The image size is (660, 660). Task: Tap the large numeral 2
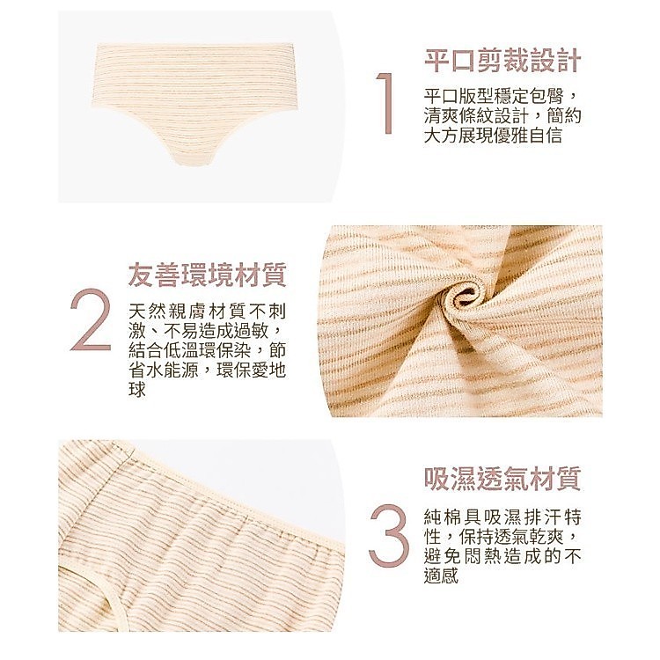click(x=91, y=319)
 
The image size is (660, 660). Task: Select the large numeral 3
click(x=389, y=534)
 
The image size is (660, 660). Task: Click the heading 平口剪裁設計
click(x=502, y=61)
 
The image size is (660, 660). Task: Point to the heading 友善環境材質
click(x=207, y=275)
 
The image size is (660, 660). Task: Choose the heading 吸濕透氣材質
click(x=502, y=479)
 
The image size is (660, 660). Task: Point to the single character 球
click(x=137, y=390)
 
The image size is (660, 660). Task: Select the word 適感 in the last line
click(x=441, y=576)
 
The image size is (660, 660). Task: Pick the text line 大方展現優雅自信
click(x=493, y=136)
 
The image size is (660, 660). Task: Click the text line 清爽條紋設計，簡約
click(x=502, y=116)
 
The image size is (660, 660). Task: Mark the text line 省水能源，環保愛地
click(x=207, y=370)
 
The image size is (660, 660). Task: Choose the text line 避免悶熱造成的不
click(x=502, y=556)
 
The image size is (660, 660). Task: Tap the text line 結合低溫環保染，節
click(x=207, y=351)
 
